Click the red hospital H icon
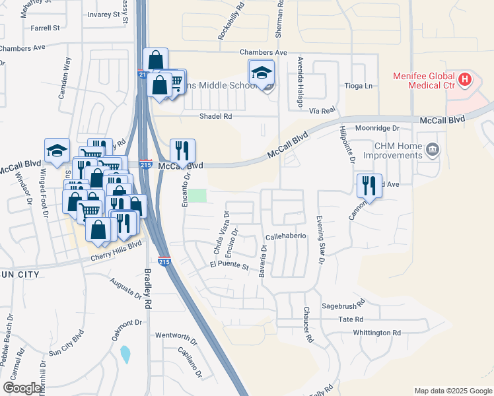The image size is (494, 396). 465,80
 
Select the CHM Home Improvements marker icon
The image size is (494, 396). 432,150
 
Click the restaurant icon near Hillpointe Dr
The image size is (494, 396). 369,185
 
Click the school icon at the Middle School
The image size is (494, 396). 262,72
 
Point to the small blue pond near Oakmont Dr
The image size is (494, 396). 125,354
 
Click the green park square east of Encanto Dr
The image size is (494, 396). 198,196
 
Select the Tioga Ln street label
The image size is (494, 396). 359,86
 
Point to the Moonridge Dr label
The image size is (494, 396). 378,128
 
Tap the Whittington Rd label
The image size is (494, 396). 376,333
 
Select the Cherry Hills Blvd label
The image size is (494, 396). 116,245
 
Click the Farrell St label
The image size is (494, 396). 45,28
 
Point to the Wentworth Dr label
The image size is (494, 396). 176,335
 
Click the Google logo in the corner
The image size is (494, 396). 22,388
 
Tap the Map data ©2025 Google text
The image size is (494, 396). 452,391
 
